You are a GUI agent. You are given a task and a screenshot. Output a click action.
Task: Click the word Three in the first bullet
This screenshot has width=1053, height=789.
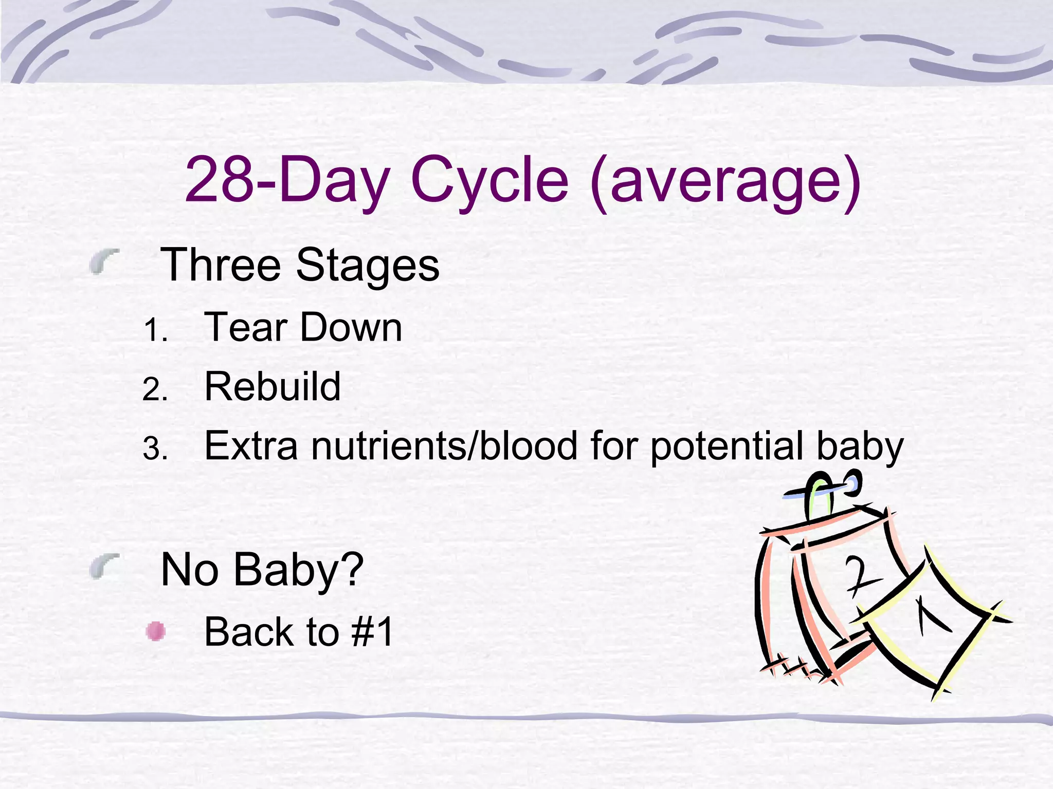point(221,265)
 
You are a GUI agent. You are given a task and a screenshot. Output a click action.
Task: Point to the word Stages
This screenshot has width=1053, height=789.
point(367,266)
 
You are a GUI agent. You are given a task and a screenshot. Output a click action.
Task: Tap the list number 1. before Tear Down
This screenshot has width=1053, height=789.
point(155,330)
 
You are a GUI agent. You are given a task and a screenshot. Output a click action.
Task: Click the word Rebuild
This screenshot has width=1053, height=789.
point(273,386)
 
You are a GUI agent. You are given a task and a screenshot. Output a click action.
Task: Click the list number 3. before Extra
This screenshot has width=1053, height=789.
point(155,449)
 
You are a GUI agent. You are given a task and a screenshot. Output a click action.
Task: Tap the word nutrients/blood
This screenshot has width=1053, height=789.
point(444,446)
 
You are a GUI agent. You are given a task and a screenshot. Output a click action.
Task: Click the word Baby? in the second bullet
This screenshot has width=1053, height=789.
point(298,570)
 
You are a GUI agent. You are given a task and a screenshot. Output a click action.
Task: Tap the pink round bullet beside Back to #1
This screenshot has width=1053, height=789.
point(155,631)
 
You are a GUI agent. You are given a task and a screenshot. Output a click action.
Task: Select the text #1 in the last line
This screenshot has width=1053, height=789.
point(373,632)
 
